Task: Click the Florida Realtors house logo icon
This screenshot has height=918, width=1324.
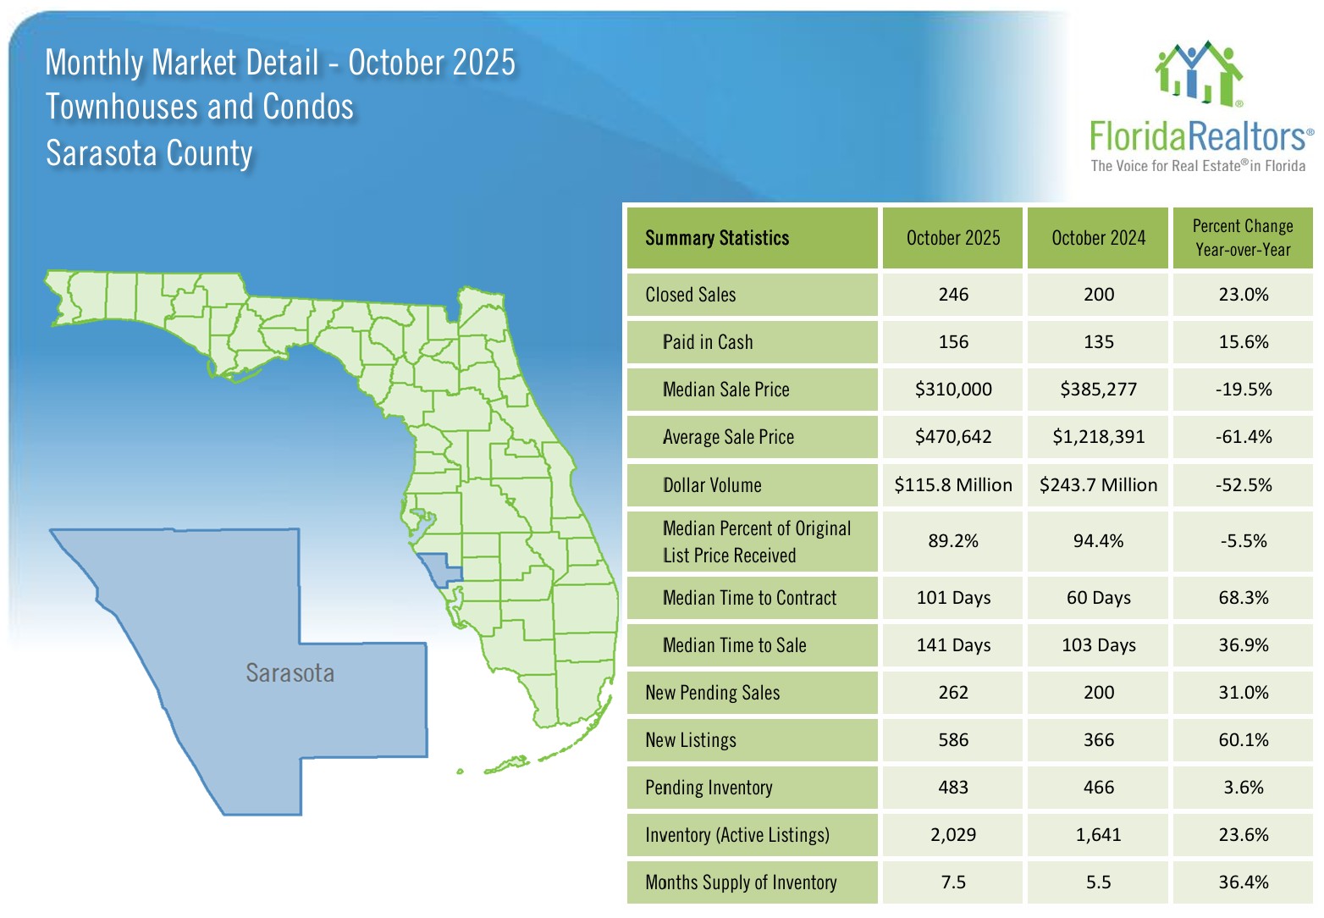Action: point(1199,74)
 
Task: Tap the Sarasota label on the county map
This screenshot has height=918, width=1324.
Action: point(290,673)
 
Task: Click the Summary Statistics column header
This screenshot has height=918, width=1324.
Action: point(716,238)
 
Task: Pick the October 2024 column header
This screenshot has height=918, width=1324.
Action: point(1098,238)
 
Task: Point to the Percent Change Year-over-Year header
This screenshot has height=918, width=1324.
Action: point(1242,238)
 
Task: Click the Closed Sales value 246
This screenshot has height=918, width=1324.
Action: point(952,295)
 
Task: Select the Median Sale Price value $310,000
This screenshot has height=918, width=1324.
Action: point(952,390)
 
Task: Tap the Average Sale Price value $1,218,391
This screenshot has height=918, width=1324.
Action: point(1098,437)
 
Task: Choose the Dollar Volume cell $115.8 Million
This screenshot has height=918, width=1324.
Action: point(952,485)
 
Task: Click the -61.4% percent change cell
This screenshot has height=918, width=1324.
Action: point(1243,437)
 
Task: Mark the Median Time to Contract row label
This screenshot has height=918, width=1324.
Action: point(749,598)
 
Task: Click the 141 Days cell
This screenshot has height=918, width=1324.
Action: point(952,645)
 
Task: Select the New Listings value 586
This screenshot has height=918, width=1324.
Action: point(952,740)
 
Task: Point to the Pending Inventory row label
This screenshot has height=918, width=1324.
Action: point(709,788)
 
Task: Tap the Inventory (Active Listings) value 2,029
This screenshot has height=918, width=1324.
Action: point(952,835)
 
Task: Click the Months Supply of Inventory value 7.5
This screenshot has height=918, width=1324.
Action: point(952,882)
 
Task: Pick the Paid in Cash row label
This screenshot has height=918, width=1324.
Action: point(707,342)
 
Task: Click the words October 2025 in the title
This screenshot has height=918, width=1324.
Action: point(431,63)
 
